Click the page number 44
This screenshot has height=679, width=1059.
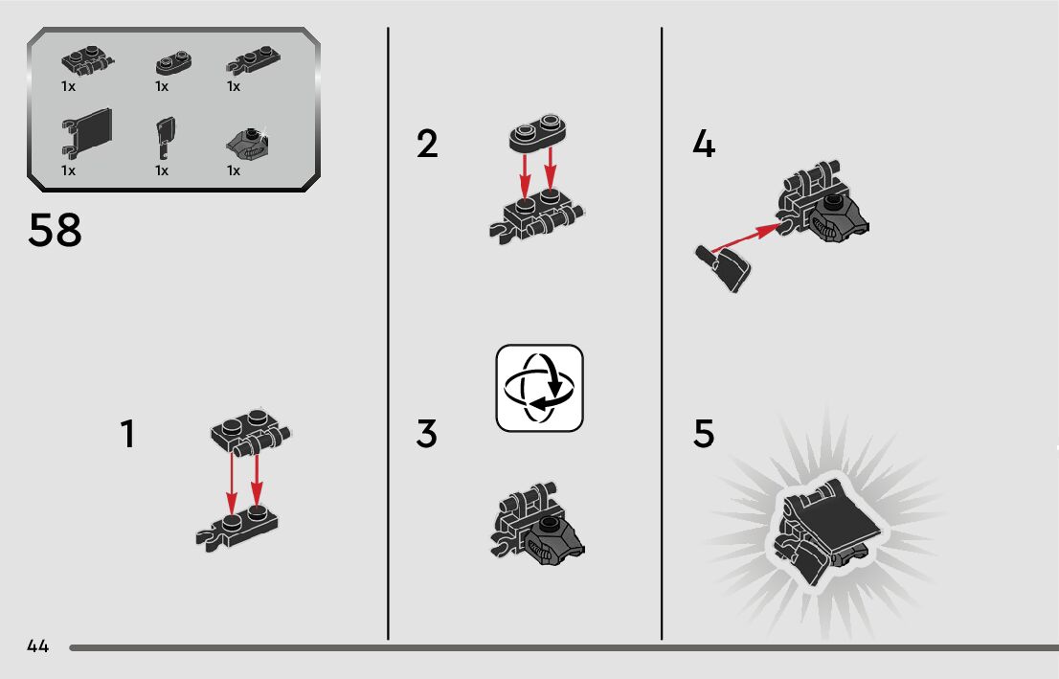(38, 645)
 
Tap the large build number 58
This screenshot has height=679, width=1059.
(55, 230)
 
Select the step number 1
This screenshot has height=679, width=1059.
(127, 434)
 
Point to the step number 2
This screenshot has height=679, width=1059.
(427, 144)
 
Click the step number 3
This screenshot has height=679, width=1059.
(427, 434)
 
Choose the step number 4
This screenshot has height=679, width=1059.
(704, 144)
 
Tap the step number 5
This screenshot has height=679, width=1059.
(704, 434)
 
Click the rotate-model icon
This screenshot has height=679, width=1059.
(540, 388)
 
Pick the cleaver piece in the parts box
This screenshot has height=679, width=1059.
(166, 137)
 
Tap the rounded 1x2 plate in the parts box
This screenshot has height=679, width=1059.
(173, 63)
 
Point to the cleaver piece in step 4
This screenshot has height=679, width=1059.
(723, 268)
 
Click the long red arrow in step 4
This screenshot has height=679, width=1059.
(746, 238)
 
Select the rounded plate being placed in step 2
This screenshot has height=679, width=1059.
(537, 131)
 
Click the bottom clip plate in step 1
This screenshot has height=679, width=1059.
(237, 527)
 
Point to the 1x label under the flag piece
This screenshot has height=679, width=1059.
(68, 170)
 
